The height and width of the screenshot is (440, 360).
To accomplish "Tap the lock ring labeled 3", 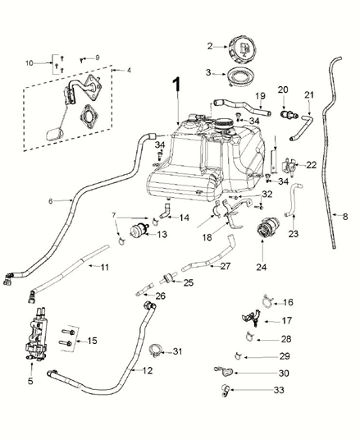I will [239, 77].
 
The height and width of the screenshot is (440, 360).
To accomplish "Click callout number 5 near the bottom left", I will [30, 380].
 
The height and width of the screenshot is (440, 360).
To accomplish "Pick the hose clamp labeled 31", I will [154, 353].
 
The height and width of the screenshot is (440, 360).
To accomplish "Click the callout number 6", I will [50, 200].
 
